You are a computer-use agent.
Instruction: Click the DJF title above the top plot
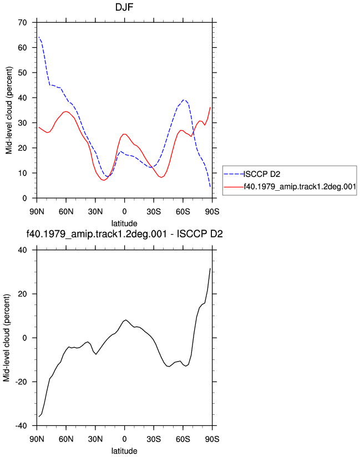124,7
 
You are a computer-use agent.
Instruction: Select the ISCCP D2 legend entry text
262,174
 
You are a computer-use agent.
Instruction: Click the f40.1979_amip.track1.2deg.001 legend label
300,186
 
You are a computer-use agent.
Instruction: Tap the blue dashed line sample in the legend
234,174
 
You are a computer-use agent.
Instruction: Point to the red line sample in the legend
234,187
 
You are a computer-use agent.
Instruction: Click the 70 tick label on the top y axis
22,22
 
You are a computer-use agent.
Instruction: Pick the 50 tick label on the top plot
22,73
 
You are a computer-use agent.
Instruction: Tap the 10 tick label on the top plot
22,173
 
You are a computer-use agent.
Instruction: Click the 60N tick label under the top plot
66,212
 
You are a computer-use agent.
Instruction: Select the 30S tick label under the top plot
154,212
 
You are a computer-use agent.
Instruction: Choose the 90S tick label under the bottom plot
212,439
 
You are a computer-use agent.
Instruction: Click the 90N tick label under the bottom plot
37,439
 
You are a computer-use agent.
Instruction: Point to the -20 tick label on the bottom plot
21,382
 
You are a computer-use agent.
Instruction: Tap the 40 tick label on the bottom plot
22,250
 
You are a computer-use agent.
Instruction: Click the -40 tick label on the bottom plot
21,426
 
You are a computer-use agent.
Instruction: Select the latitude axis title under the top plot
124,224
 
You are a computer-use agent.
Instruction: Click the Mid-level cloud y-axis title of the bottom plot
7,338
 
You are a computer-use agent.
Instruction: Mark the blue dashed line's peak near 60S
184,100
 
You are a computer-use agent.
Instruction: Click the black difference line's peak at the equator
125,319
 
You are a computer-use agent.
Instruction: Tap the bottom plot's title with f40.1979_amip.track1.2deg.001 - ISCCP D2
124,233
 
